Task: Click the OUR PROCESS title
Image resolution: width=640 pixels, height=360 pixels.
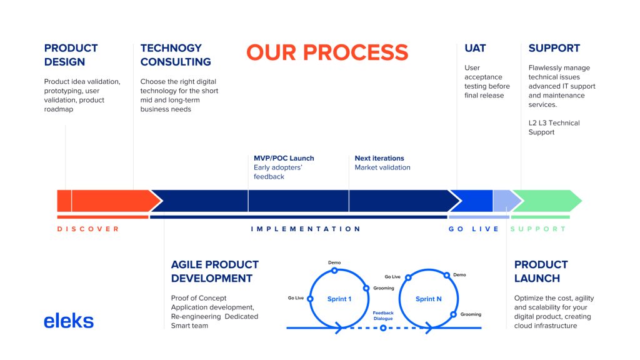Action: tap(327, 52)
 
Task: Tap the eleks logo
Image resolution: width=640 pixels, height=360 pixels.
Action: tap(69, 321)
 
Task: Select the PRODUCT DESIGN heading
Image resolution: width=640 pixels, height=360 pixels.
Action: tap(71, 55)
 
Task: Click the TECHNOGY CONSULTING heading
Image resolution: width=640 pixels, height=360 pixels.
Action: tap(176, 55)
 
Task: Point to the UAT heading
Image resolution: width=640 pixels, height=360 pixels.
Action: tap(475, 48)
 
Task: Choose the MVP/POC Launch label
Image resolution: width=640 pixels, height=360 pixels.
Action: tap(284, 158)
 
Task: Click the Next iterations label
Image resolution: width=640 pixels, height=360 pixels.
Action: tap(379, 158)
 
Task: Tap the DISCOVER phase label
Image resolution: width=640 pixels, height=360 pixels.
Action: tap(87, 229)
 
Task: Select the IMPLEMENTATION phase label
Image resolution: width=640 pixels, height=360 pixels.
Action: tap(305, 229)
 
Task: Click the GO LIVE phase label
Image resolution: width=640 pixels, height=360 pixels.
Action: tap(474, 229)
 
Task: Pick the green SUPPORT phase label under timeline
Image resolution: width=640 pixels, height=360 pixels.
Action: tap(538, 229)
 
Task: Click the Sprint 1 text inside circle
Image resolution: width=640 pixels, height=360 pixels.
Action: tap(339, 299)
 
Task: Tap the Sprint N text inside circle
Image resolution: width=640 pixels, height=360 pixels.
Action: tap(429, 299)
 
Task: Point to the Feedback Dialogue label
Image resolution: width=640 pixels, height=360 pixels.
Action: tap(383, 316)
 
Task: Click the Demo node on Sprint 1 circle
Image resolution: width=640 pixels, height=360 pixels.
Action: tap(334, 270)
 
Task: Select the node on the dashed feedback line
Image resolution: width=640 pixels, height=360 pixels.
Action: tap(383, 327)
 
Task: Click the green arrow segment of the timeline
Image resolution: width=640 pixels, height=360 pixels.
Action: tap(546, 201)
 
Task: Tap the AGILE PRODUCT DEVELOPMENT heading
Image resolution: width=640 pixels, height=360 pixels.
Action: tap(215, 271)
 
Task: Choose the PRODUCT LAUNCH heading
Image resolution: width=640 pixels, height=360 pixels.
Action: tap(541, 271)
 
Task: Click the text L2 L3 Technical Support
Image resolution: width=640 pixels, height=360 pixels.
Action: tap(554, 127)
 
